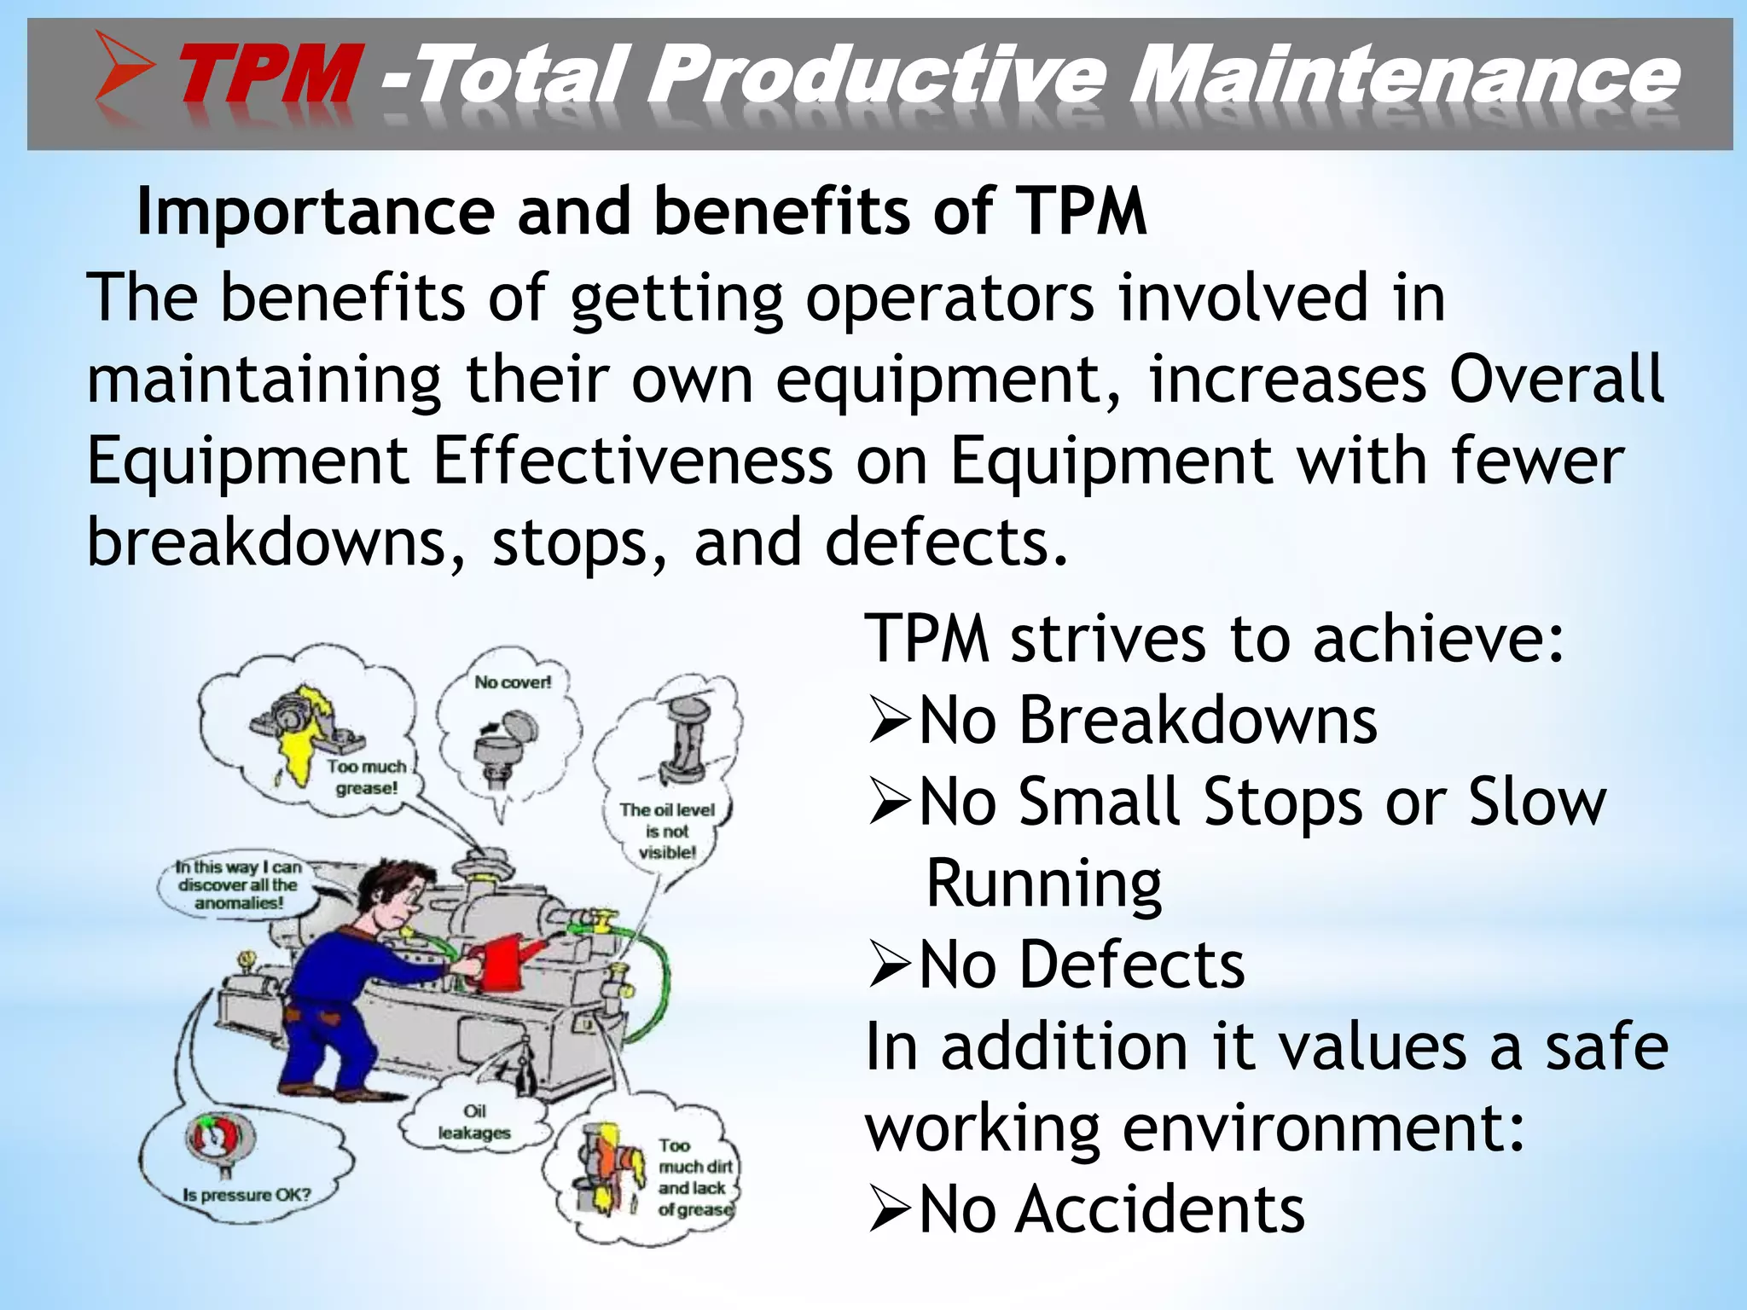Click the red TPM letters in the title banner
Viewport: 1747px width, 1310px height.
pos(267,77)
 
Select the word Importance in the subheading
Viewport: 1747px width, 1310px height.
pos(316,212)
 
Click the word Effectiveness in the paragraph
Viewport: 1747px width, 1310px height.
pos(632,461)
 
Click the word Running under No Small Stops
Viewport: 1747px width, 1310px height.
pos(1042,884)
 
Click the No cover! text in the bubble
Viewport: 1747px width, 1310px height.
pos(513,682)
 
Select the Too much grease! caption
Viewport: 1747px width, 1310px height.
pos(367,777)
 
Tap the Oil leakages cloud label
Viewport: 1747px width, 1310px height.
pos(474,1122)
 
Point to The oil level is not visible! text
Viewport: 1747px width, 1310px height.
pos(668,831)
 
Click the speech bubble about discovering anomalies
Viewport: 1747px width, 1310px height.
pos(238,885)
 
